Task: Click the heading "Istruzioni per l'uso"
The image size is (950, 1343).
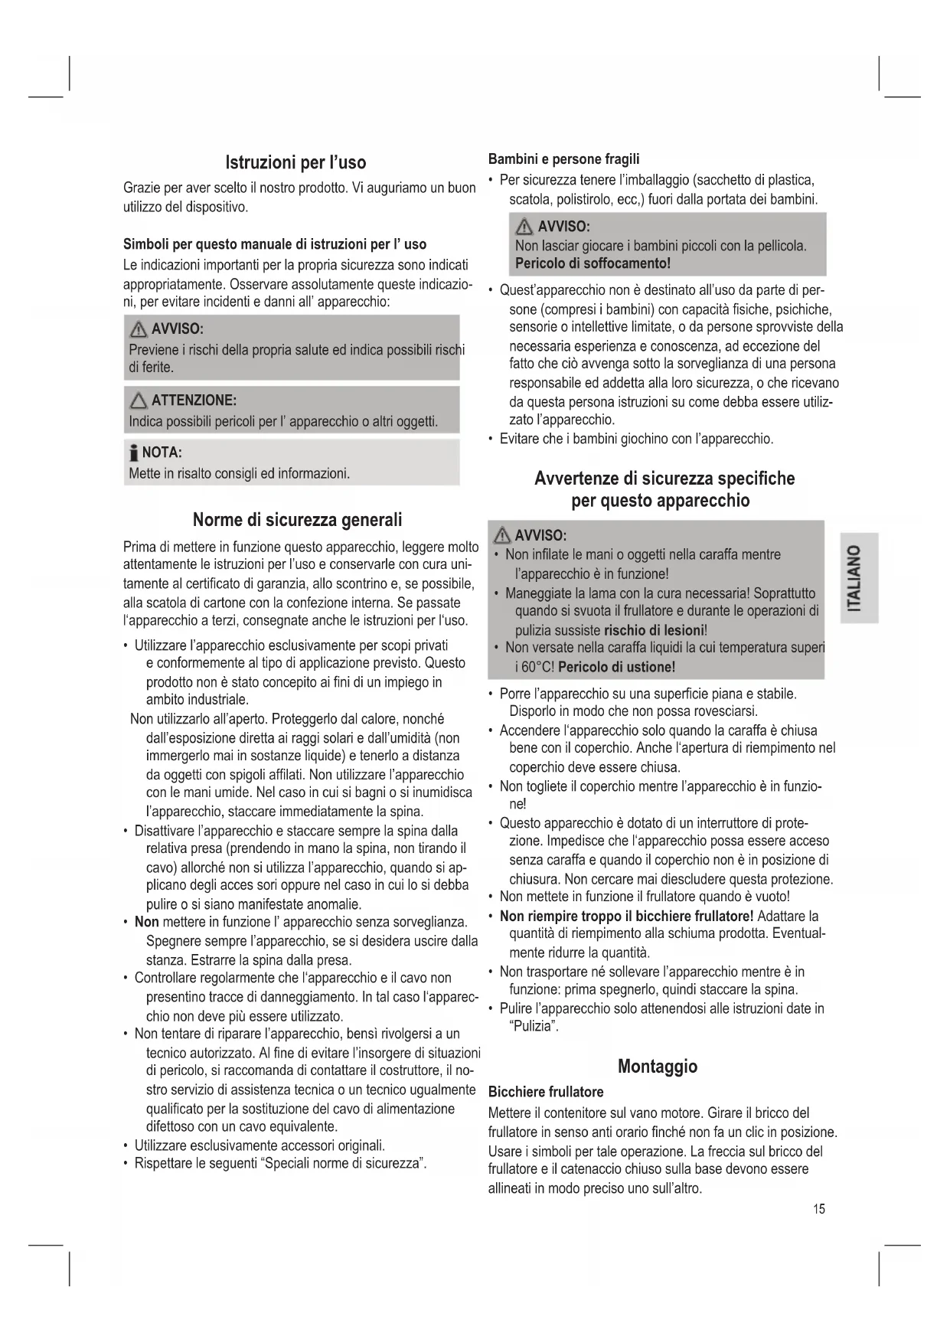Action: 295,162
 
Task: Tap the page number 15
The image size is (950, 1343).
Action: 819,1209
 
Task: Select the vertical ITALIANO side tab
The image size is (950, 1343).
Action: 858,578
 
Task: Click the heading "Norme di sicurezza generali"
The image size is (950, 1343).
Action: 297,520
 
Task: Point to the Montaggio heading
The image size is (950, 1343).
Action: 657,1066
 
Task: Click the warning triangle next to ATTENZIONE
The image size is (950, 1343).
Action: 139,400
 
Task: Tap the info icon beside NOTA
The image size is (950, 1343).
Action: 134,452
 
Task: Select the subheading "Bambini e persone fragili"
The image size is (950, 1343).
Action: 563,159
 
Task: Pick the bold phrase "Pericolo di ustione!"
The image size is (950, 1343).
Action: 616,667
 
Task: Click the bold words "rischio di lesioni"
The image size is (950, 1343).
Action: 653,630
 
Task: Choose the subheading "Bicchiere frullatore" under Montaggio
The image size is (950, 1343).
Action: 546,1092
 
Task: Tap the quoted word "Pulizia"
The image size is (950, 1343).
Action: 534,1027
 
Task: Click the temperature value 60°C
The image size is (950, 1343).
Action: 537,667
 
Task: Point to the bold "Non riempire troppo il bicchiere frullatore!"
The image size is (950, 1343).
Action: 626,916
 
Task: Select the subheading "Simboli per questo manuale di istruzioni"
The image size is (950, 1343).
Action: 275,244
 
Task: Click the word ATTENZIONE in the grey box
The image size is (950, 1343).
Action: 194,400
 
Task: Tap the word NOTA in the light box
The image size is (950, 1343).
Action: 162,452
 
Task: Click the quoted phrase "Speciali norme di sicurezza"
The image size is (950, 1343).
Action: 343,1164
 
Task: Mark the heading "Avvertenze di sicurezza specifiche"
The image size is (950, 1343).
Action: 664,479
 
